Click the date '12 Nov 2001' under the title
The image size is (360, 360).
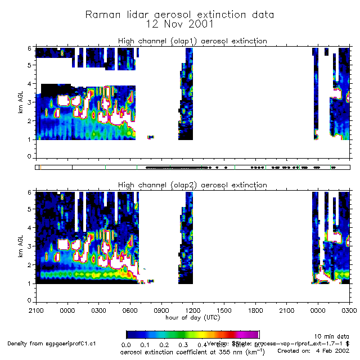click(179, 24)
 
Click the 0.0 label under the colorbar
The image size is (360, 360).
click(127, 344)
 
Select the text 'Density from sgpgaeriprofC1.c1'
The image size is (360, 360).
click(52, 343)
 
